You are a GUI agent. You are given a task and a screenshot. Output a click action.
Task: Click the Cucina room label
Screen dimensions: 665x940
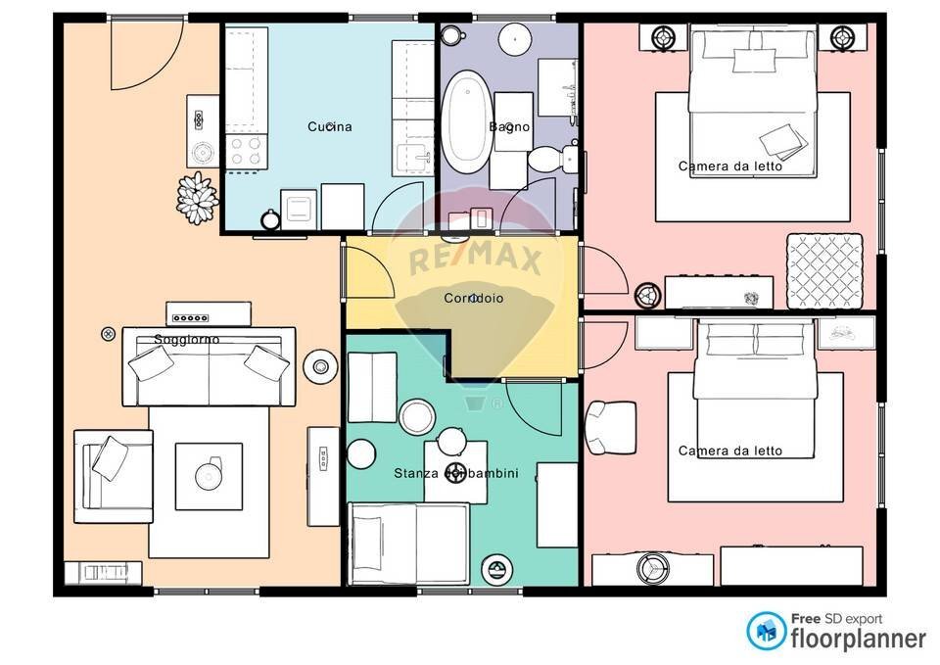[x=329, y=126]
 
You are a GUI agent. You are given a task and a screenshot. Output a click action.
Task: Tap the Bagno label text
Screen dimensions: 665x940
[x=509, y=126]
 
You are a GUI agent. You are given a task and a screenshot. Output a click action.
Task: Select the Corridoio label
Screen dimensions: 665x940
[x=474, y=298]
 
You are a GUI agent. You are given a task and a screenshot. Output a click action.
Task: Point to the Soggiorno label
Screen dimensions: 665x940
[x=187, y=340]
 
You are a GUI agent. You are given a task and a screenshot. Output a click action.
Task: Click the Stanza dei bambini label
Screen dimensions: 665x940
[x=456, y=474]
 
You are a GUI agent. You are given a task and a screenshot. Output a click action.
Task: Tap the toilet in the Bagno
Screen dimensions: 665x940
[x=547, y=158]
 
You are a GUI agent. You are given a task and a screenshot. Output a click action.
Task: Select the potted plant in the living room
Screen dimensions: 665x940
[x=197, y=197]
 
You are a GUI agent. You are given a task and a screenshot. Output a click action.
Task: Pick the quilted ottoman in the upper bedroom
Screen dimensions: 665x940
[x=824, y=270]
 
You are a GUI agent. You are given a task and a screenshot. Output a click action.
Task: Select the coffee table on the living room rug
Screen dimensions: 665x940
[x=209, y=476]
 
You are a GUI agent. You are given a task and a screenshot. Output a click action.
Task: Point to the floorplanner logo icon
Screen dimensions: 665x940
[x=767, y=632]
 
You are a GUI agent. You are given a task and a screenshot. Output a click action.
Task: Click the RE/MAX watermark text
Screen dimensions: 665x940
[x=475, y=261]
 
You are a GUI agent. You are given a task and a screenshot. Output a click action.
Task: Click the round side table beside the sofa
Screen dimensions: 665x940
[x=319, y=366]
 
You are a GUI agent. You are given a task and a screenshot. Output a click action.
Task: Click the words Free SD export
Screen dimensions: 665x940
[x=835, y=618]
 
